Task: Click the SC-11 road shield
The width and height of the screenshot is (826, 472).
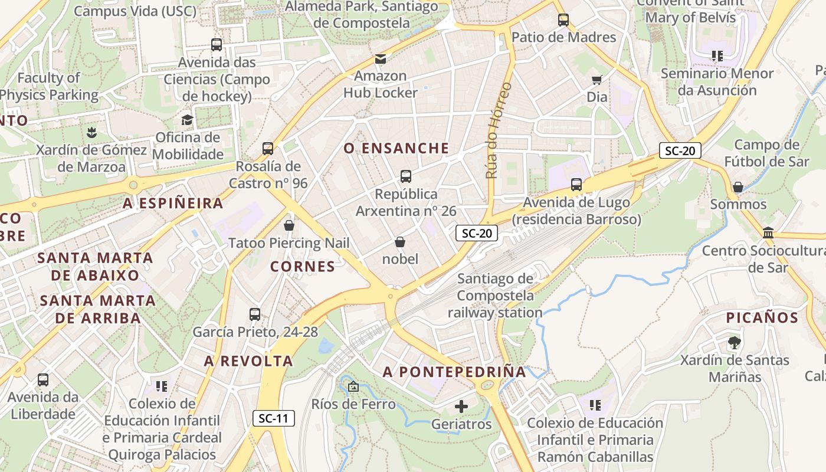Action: point(274,418)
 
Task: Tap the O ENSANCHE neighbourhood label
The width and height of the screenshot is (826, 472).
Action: point(396,148)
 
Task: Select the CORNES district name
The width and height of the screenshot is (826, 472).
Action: point(303,267)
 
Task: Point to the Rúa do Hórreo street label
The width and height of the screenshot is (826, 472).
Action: point(499,130)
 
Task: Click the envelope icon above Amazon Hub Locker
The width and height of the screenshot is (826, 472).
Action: point(381,59)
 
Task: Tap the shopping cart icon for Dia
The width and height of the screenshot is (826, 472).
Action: point(596,80)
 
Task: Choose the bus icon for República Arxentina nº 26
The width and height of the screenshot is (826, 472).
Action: point(406,176)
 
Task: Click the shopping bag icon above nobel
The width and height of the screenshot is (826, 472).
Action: point(400,242)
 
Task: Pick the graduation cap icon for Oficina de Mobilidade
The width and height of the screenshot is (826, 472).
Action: point(187,120)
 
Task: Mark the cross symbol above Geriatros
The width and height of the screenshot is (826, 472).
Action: point(461,406)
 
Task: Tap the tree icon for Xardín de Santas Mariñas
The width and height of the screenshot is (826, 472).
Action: point(734,342)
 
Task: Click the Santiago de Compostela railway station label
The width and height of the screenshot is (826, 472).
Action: point(495,296)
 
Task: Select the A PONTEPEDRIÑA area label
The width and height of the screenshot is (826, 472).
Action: point(454,372)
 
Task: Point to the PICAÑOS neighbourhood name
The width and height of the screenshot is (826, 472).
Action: point(762,317)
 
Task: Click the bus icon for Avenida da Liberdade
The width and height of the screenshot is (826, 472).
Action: point(43,380)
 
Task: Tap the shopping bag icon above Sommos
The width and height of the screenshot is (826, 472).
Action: point(737,187)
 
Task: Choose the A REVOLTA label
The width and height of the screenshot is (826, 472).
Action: point(248,361)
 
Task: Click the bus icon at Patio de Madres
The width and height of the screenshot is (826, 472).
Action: point(563,19)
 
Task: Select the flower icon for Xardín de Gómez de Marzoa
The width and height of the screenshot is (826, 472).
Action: point(91,132)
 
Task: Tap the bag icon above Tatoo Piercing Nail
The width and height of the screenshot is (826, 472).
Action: point(289,225)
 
